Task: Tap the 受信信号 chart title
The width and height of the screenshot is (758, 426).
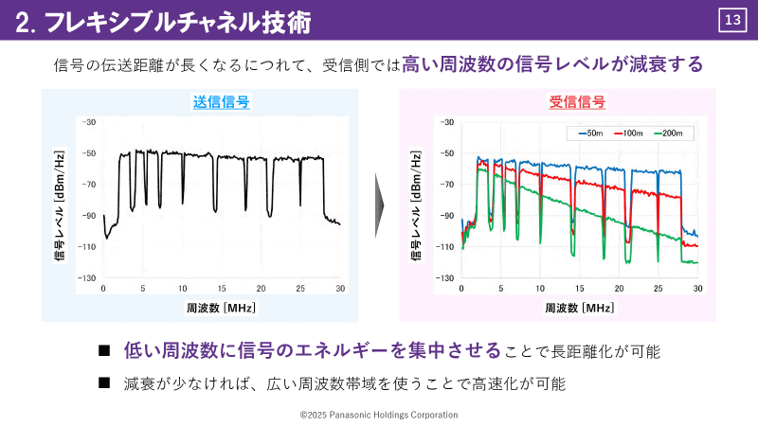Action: (x=577, y=102)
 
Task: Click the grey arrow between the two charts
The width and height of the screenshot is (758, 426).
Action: (x=380, y=204)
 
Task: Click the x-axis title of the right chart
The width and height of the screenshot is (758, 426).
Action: (x=578, y=307)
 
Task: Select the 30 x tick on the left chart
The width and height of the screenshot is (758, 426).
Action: (x=340, y=288)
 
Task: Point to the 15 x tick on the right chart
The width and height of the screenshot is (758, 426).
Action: (x=579, y=288)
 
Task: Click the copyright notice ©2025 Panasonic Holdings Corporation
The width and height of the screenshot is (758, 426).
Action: (x=379, y=415)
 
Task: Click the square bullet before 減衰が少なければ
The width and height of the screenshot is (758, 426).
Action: (x=105, y=383)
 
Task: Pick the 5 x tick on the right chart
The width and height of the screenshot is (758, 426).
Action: (x=500, y=288)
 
